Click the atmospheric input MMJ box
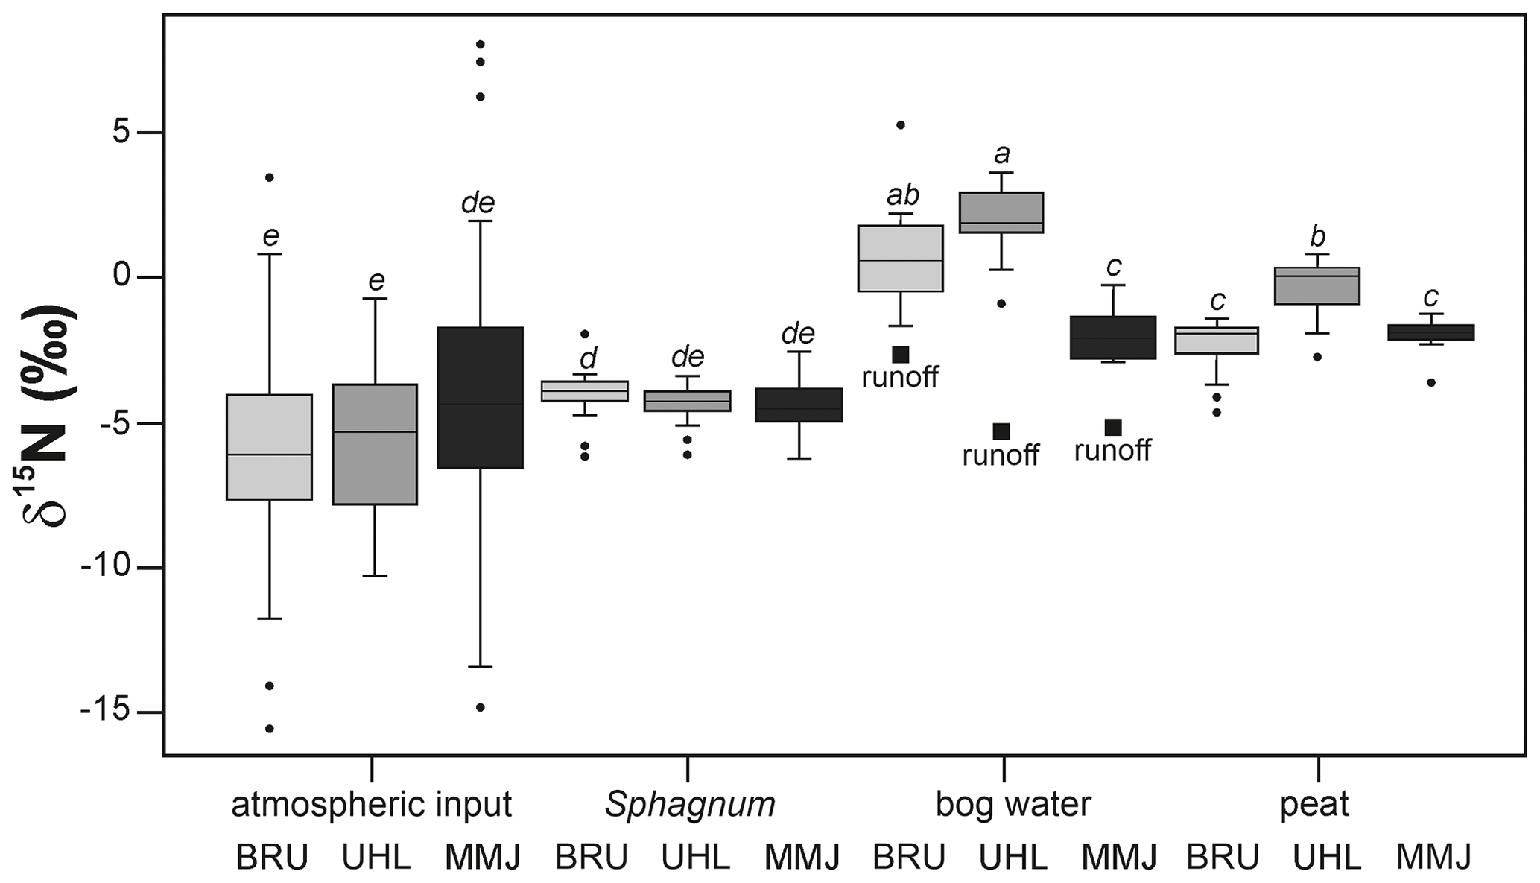[480, 397]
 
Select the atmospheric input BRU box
[269, 446]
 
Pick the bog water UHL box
[1001, 212]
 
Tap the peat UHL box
[1317, 285]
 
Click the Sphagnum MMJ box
[799, 405]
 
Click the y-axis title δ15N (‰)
[49, 414]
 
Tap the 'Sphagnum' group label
[690, 805]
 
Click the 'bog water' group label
[1013, 805]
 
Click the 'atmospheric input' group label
[371, 805]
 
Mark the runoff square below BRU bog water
[901, 355]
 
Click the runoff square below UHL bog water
[1001, 431]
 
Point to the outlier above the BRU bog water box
[900, 125]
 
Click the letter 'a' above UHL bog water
[1002, 154]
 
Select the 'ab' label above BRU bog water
[902, 195]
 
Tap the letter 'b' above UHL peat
[1317, 237]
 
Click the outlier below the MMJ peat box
[1430, 383]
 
